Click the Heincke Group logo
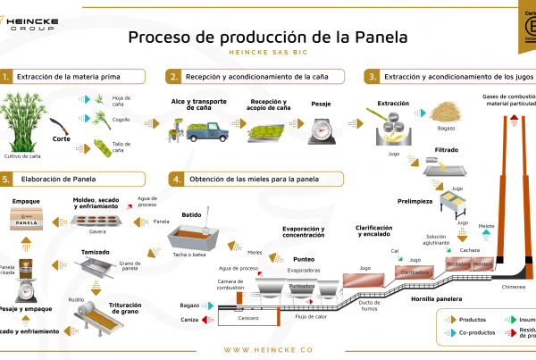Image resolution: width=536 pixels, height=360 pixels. [x=31, y=19]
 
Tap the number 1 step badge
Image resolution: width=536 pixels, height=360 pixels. [x=7, y=78]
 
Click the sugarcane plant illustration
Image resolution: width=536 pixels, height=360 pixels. [x=25, y=123]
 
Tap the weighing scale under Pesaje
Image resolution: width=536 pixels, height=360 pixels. [x=321, y=130]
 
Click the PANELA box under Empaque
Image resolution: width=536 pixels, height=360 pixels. [x=29, y=219]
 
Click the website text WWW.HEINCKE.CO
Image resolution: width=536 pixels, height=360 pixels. [x=268, y=350]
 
